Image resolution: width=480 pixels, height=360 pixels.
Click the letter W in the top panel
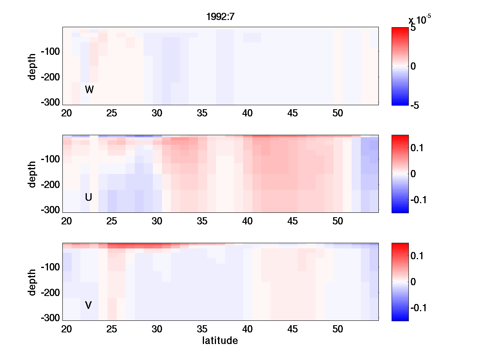tap(89, 90)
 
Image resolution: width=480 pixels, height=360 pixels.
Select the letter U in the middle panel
tap(89, 197)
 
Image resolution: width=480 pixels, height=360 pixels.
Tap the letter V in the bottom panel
tap(88, 305)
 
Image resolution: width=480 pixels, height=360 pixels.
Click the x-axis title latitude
tap(220, 341)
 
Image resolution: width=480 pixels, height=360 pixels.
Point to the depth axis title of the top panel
tap(32, 66)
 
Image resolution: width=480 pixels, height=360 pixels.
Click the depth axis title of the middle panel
tap(32, 174)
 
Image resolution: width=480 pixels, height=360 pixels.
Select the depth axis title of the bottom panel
tap(32, 282)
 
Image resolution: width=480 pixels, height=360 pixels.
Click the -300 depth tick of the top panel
tap(50, 102)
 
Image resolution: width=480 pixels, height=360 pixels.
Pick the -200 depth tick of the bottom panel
tap(50, 293)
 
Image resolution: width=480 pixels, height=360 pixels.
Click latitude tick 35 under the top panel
tap(202, 113)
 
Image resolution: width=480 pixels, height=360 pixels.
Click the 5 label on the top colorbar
tap(413, 28)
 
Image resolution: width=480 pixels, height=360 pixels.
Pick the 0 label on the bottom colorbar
tap(414, 282)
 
